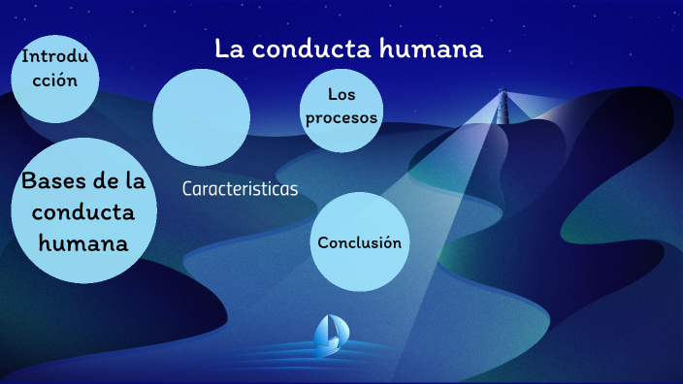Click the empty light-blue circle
point(202,116)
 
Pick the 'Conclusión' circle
point(359,241)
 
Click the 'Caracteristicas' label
point(240,189)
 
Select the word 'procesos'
point(340,118)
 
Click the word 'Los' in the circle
point(339,95)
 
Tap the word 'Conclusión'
point(359,242)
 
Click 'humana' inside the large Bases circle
point(83,241)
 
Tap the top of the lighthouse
point(503,93)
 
